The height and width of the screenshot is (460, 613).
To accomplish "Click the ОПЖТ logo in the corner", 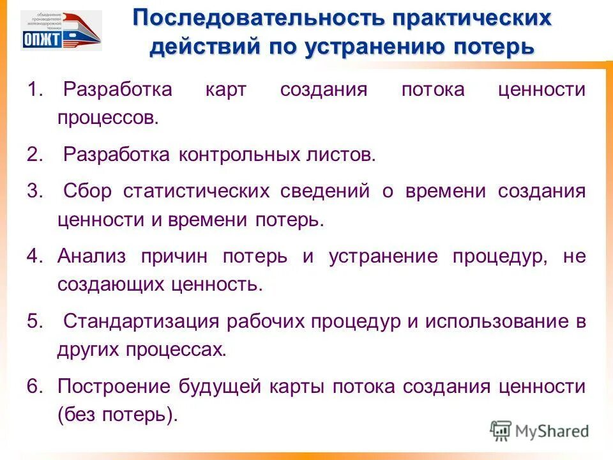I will click(x=61, y=31).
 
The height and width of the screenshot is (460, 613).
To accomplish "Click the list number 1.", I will click(x=34, y=89).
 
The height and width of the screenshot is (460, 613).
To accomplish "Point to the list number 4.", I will click(x=34, y=257).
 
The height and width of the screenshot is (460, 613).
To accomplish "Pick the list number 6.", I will click(x=34, y=387).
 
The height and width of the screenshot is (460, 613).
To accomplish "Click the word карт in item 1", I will click(x=225, y=89).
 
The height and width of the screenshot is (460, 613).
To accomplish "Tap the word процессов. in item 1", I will click(x=107, y=118).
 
